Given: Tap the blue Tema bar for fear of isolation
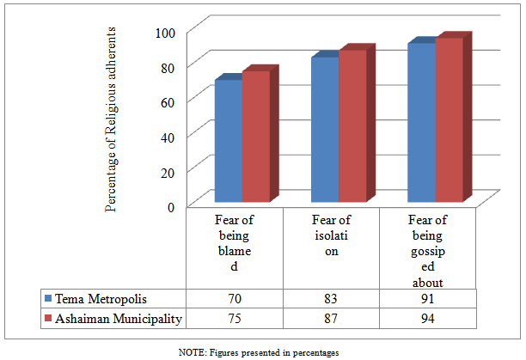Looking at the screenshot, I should tap(324, 129).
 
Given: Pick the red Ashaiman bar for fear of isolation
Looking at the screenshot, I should tap(352, 125).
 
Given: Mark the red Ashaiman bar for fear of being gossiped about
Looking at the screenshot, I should tap(449, 119).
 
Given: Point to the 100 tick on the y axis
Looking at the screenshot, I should tap(166, 32).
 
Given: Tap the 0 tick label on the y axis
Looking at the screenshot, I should tap(172, 205).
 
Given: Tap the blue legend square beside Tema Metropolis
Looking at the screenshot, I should tap(48, 299).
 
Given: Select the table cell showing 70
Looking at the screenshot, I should tap(235, 299).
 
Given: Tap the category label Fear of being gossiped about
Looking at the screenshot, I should tap(427, 250).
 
